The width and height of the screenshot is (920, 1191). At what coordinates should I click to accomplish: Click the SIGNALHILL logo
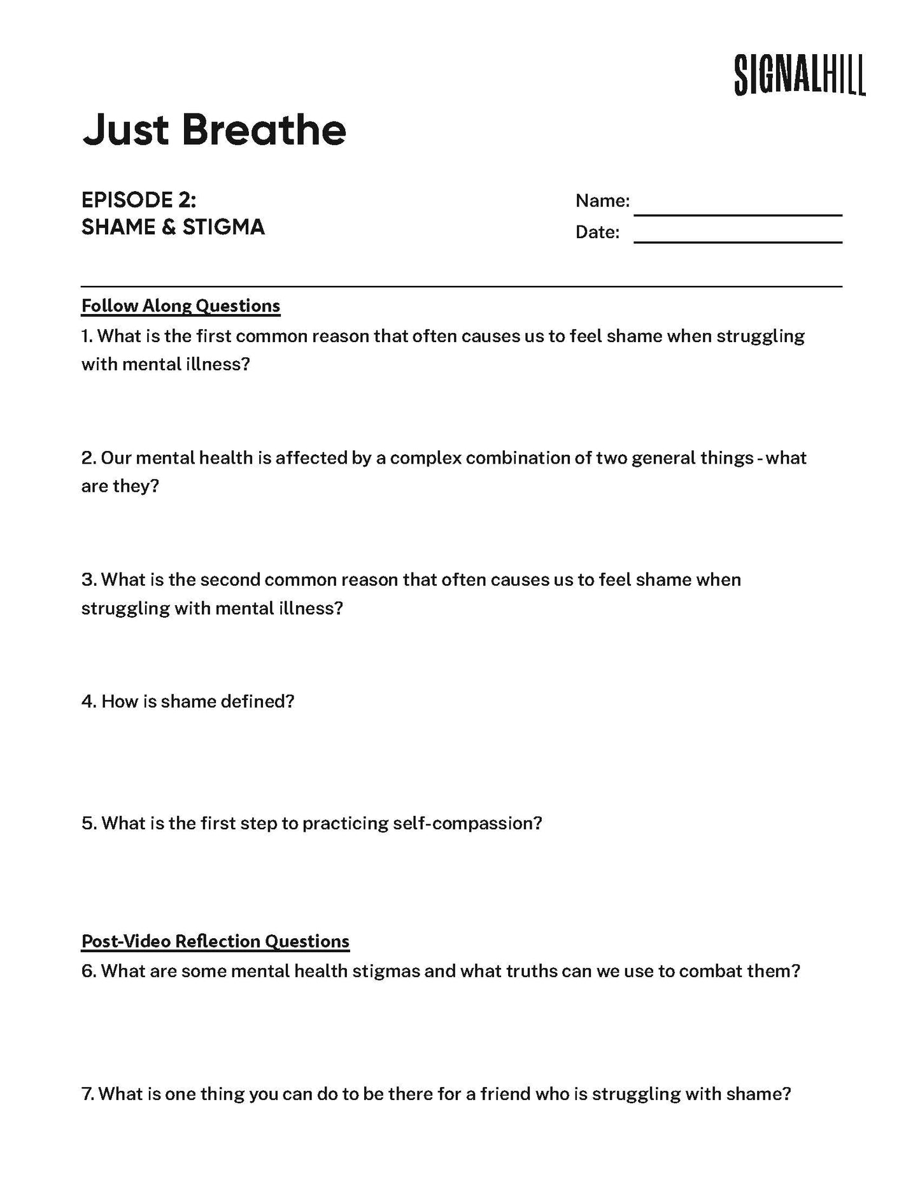point(800,75)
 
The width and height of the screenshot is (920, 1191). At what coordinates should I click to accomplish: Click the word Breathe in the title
point(264,130)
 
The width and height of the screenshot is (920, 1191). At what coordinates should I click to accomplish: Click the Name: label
point(602,201)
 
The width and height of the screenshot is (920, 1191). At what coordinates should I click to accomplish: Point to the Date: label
point(597,232)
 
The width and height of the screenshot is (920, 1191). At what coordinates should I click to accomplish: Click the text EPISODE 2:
point(139,200)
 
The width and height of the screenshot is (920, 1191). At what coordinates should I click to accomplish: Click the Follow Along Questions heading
point(181,306)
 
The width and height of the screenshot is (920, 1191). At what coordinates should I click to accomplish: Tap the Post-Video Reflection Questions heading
point(215,941)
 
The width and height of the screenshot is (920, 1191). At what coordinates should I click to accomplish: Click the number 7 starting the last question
point(87,1094)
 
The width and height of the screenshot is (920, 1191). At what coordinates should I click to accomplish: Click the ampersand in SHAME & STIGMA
point(168,227)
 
